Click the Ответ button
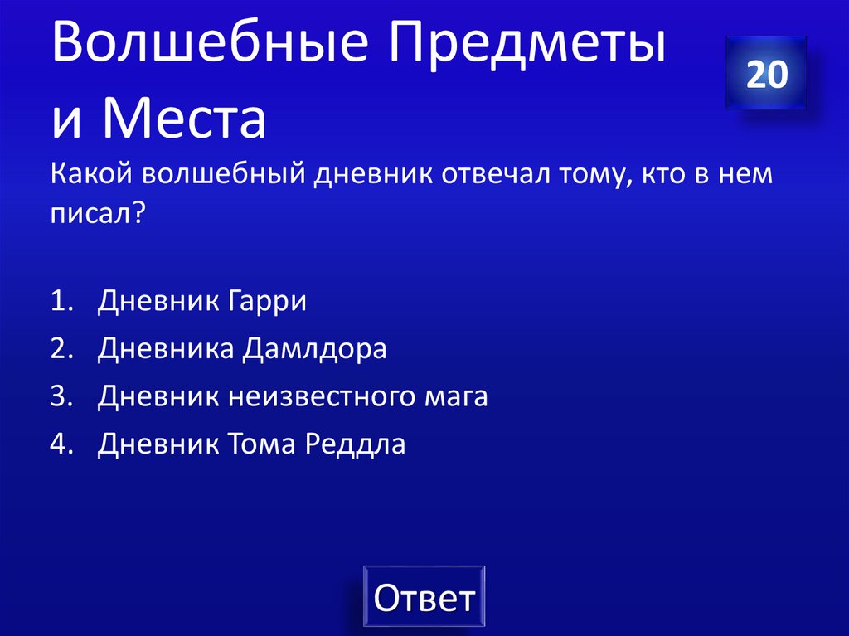click(424, 597)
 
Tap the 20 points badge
click(766, 74)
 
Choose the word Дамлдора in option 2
click(315, 349)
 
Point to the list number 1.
click(59, 301)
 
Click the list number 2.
click(59, 349)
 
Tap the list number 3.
click(59, 397)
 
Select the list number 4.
click(59, 445)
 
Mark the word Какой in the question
click(90, 176)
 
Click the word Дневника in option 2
click(165, 349)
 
